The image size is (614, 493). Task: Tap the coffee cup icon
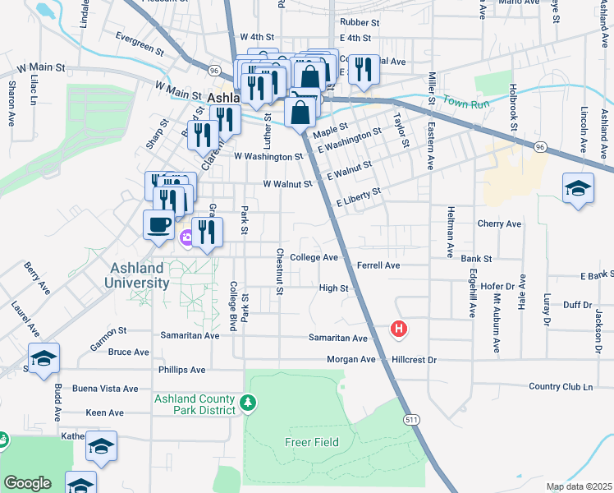[x=158, y=224]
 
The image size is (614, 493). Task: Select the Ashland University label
[x=137, y=275]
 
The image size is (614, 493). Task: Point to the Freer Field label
[x=314, y=442]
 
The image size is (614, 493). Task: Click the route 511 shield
[x=410, y=419]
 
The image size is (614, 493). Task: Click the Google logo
[x=27, y=483]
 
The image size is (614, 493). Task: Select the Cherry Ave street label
[x=499, y=223]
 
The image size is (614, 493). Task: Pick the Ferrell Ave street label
[x=378, y=265]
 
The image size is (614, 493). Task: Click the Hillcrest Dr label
[x=415, y=360]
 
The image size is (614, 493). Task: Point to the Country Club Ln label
[x=561, y=386]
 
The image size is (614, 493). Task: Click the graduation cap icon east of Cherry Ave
[x=578, y=188]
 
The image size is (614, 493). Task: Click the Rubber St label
[x=360, y=23]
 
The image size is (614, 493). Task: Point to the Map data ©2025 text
[x=579, y=486]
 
